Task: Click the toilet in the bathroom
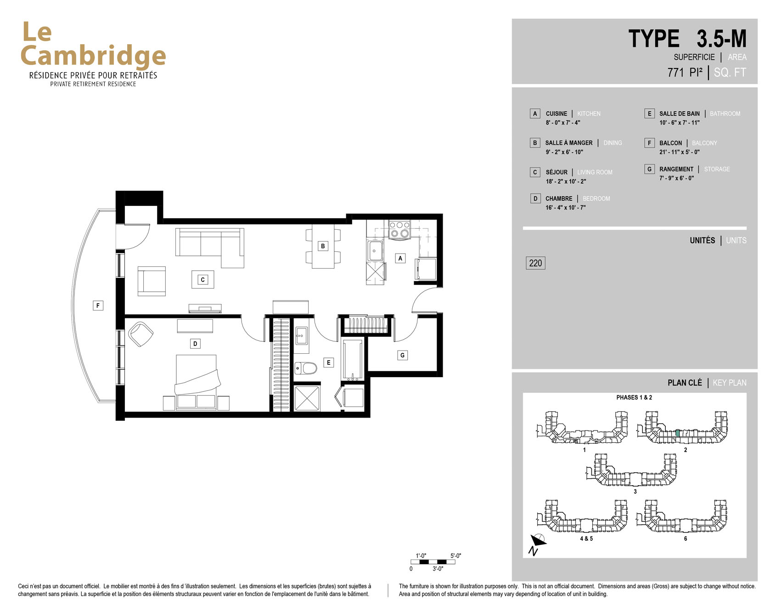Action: pos(306,368)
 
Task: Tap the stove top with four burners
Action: pos(399,230)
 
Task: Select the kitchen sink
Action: pos(375,251)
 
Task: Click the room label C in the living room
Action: pos(202,279)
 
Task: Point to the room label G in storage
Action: pos(402,355)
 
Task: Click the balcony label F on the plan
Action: pos(98,306)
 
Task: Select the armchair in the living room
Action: pos(152,281)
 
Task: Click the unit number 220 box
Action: pos(535,263)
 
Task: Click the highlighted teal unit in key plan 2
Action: pos(678,433)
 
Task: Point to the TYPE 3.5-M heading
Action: pos(687,39)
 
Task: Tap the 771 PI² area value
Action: pos(685,73)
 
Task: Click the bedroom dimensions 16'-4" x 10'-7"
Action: pos(566,208)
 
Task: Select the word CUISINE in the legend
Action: pos(557,113)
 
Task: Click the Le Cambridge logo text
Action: pos(93,45)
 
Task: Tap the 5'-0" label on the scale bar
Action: pos(455,556)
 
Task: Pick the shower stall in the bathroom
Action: pos(307,398)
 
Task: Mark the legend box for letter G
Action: pos(649,169)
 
